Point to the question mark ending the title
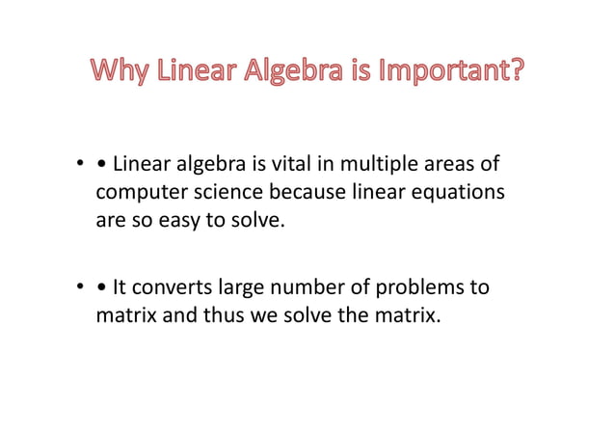tap(519, 72)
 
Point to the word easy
tap(170, 221)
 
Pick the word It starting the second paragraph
tap(120, 286)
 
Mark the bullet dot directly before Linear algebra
tap(102, 167)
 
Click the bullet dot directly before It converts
tap(102, 287)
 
